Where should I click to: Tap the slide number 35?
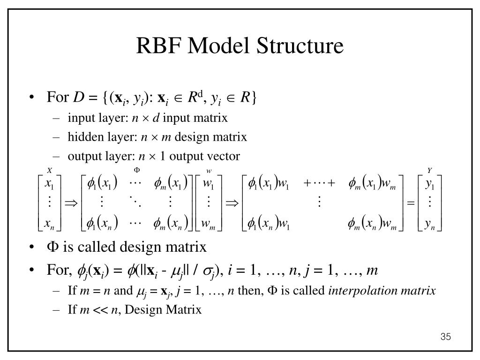coord(445,337)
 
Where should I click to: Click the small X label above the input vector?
coord(49,170)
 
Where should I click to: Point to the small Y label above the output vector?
coord(429,170)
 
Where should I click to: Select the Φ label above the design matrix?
coord(138,169)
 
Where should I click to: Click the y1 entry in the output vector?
coord(430,185)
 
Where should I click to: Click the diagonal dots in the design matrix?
coord(135,202)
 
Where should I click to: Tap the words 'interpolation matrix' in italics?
coord(382,291)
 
